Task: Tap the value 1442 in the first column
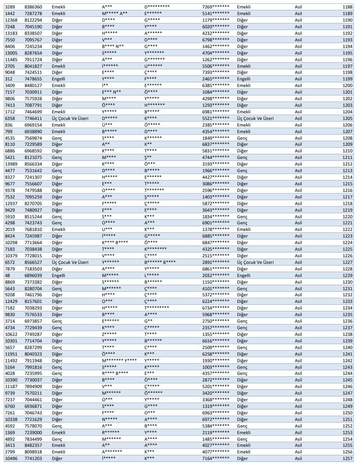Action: coord(10,14)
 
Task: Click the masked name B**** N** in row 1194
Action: coord(115,47)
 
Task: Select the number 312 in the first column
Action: coord(8,79)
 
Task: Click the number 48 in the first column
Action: coord(8,275)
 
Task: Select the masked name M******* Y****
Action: coord(119,360)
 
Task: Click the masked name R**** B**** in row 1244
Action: coord(115,373)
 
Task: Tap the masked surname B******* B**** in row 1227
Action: coord(160,262)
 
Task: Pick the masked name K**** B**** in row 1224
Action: coord(115,243)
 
